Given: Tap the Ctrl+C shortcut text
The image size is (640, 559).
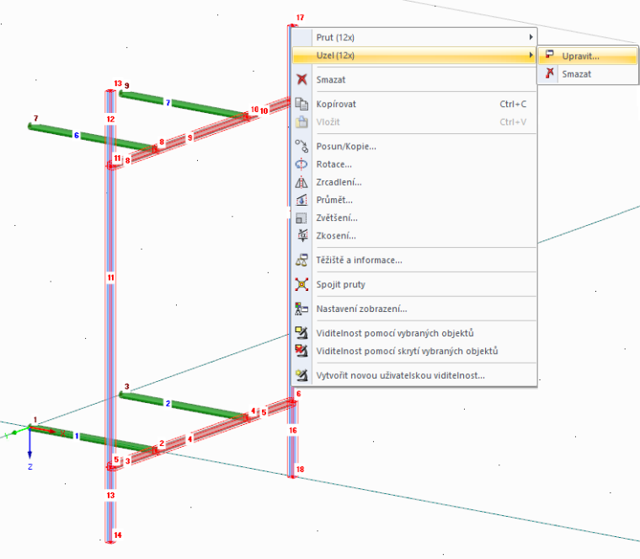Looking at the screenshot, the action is click(513, 105).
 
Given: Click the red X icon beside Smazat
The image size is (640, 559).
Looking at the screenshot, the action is click(301, 79).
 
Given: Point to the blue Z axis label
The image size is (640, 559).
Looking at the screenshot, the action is click(30, 466).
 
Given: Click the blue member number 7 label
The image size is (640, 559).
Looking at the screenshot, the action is click(168, 103).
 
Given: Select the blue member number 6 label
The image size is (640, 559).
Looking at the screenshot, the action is click(77, 135).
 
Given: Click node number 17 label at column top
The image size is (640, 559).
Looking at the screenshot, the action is click(300, 18).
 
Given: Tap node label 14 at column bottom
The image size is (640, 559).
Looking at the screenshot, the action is click(118, 535).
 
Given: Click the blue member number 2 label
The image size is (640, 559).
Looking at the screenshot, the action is click(168, 403).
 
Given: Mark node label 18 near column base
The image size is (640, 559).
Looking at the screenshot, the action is click(300, 469).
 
